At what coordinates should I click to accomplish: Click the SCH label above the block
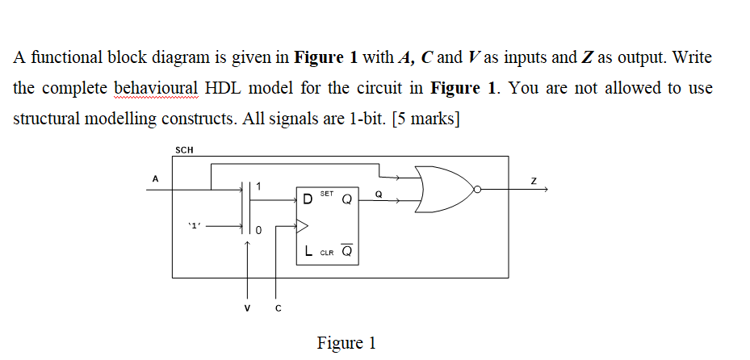pos(183,149)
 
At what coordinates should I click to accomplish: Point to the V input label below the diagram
pos(248,306)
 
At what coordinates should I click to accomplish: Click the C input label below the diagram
pos(277,306)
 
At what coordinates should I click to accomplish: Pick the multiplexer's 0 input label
pos(258,231)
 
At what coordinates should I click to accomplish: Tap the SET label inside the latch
pos(327,195)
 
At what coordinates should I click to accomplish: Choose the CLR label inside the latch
pos(326,253)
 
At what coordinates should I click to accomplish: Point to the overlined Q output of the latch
pos(346,252)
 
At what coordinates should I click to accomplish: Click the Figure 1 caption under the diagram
pos(346,342)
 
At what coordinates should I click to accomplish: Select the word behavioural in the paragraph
pos(154,88)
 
